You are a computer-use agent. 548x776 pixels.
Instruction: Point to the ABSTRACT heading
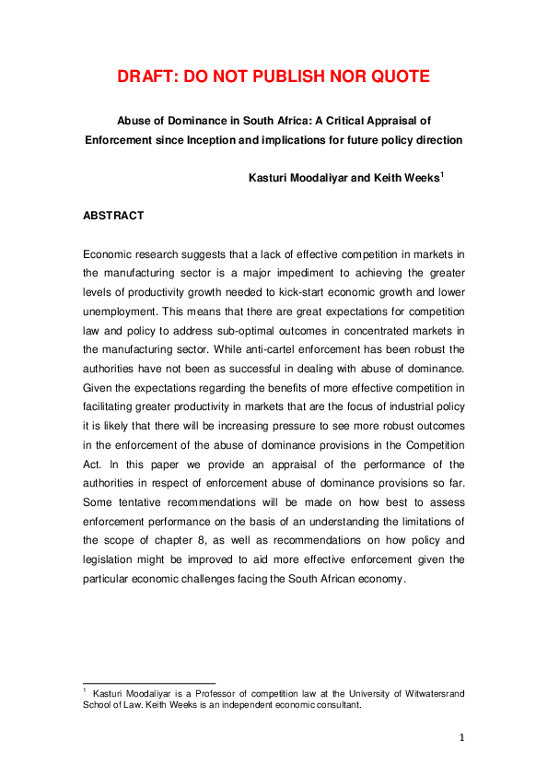[113, 217]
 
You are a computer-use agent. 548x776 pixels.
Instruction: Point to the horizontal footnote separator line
[148, 683]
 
